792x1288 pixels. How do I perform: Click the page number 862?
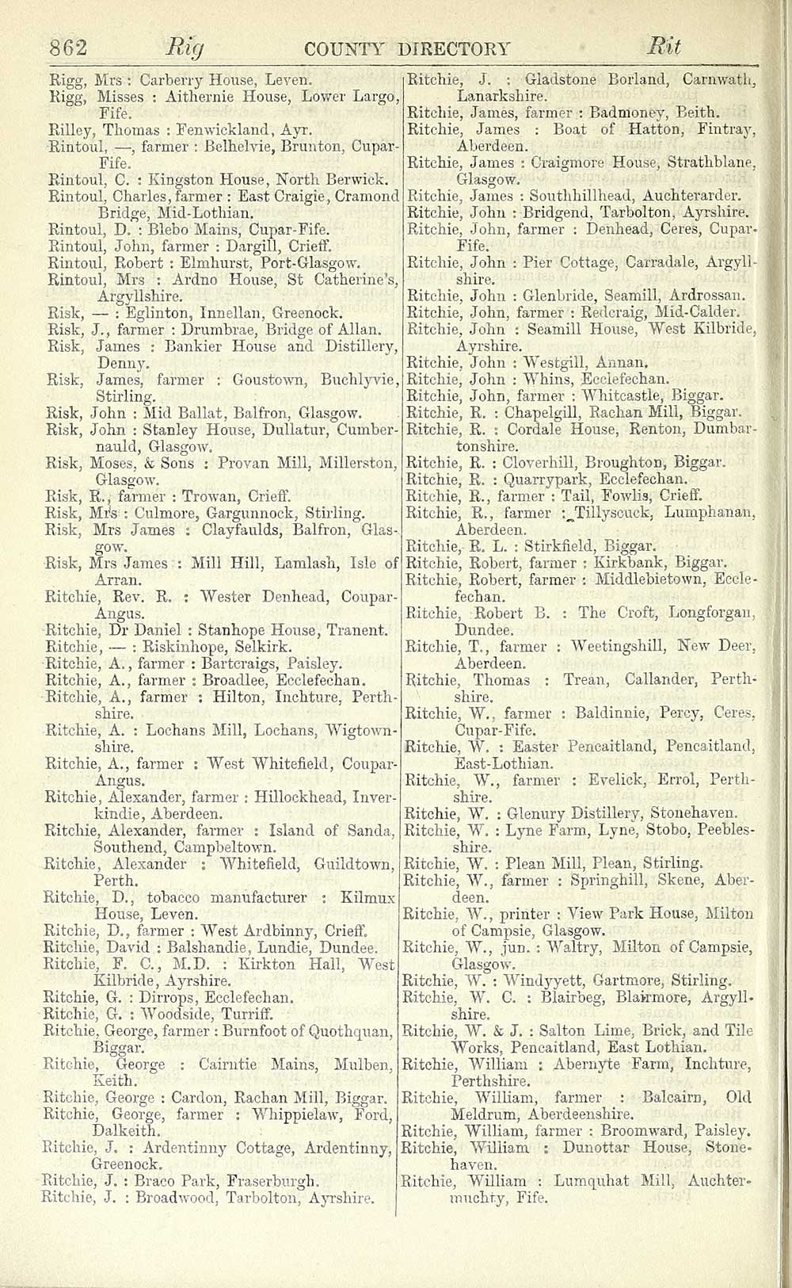coord(68,48)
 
